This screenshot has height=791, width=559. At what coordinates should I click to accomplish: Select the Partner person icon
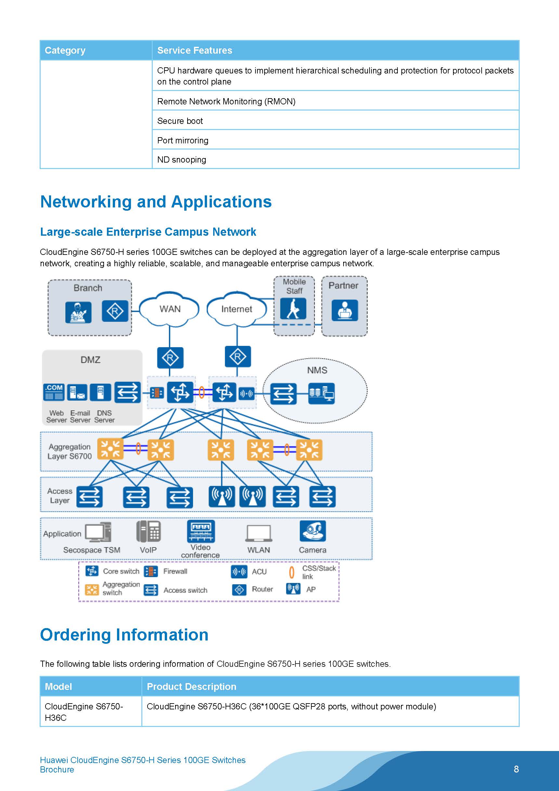(x=344, y=310)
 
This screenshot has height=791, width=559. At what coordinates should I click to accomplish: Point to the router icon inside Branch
(x=115, y=311)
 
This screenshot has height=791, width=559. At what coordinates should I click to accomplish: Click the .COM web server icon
(x=54, y=392)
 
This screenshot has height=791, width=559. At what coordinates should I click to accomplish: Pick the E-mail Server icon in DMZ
(x=77, y=392)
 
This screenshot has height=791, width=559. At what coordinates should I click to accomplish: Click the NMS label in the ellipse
(x=317, y=370)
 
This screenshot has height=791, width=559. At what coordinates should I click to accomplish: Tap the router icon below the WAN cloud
(x=170, y=358)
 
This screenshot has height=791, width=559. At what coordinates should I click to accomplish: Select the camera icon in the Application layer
(x=312, y=531)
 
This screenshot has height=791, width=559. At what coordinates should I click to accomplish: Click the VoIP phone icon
(x=149, y=531)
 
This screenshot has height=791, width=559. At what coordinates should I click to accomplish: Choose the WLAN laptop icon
(x=259, y=533)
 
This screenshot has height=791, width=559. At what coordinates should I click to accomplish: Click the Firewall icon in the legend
(x=151, y=572)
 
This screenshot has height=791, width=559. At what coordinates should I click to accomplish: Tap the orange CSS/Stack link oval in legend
(x=292, y=572)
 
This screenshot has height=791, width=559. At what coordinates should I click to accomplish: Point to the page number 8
(x=516, y=769)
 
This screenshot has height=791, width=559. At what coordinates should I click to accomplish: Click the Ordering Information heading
(x=124, y=635)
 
